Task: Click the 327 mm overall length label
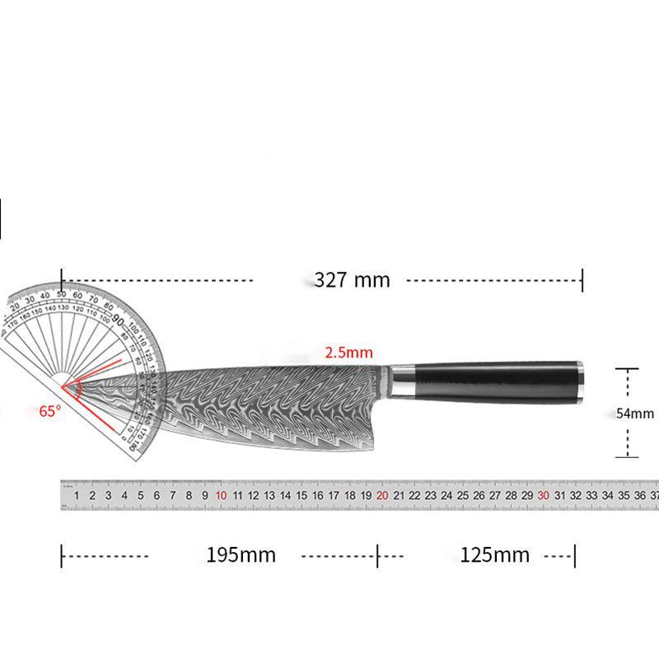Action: coord(352,280)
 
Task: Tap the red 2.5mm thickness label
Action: coord(348,353)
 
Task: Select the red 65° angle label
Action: coord(49,410)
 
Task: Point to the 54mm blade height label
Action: coord(635,414)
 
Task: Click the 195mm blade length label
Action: coord(241,554)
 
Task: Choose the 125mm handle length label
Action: coord(494,554)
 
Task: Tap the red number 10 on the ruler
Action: coord(221,496)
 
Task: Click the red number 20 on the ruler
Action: coord(382,496)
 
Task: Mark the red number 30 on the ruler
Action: coord(544,496)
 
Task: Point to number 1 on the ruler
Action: coord(77,496)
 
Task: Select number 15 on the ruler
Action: coord(301,496)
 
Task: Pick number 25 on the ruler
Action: coord(463,496)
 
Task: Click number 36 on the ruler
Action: coord(640,496)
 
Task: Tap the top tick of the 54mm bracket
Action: coord(628,370)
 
